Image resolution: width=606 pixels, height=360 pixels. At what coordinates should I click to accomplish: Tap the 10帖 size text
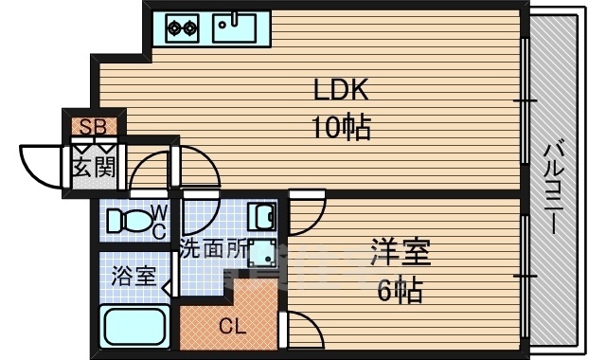(x=336, y=126)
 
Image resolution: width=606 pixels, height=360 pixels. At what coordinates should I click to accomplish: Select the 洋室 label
(x=401, y=254)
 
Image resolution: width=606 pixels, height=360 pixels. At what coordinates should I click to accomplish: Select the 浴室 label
(x=134, y=278)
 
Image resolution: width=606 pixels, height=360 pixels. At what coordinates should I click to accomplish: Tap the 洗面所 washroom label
(x=214, y=251)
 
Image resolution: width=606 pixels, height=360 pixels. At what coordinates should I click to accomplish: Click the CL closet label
(x=232, y=327)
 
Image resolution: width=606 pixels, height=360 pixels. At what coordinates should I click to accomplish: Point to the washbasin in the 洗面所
(x=261, y=218)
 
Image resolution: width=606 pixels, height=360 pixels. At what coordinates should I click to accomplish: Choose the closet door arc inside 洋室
(x=300, y=332)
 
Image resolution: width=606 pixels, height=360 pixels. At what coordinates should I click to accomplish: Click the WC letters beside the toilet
(x=158, y=222)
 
